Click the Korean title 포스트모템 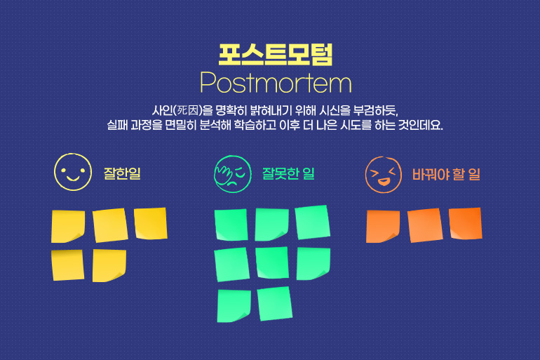[x=276, y=55]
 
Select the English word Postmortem [x=276, y=83]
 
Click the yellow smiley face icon [x=73, y=172]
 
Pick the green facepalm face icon [x=233, y=174]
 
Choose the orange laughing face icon [x=384, y=175]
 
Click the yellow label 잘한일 [x=122, y=173]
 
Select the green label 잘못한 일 [x=289, y=173]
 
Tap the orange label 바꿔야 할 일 [x=446, y=174]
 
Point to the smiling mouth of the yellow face [x=73, y=178]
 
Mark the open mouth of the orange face [x=384, y=181]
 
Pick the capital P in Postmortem [x=208, y=83]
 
